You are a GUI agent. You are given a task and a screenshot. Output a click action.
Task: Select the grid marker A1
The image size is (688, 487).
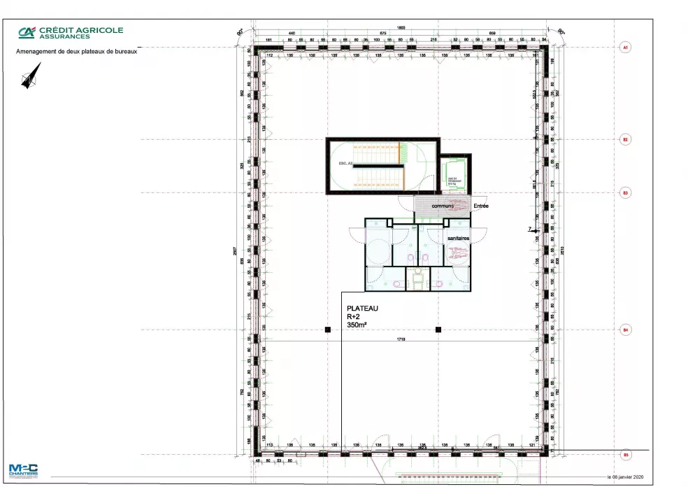[626, 48]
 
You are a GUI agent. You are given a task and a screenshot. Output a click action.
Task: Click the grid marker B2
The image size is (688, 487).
[626, 140]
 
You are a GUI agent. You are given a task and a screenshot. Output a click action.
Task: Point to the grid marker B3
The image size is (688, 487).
[626, 192]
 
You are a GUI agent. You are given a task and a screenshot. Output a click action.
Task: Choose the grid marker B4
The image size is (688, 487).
[626, 329]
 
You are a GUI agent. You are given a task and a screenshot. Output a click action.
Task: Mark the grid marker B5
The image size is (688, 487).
[626, 456]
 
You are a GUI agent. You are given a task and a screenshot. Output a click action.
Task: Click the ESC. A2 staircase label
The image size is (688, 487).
[343, 163]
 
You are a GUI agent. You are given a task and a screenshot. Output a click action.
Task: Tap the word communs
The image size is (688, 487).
[443, 206]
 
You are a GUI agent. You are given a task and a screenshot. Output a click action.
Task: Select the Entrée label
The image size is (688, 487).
[481, 206]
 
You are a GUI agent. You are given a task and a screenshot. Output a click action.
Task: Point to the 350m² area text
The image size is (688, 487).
[358, 325]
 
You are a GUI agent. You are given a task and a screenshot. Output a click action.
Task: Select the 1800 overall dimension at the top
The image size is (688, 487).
[401, 27]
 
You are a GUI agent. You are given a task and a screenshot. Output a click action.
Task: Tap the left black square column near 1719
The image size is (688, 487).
[327, 329]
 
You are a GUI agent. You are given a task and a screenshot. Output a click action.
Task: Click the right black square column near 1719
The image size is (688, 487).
[438, 329]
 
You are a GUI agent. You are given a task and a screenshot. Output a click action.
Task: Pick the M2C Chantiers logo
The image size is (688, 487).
[24, 471]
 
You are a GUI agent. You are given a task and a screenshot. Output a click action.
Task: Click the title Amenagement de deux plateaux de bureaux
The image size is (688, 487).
[76, 52]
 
